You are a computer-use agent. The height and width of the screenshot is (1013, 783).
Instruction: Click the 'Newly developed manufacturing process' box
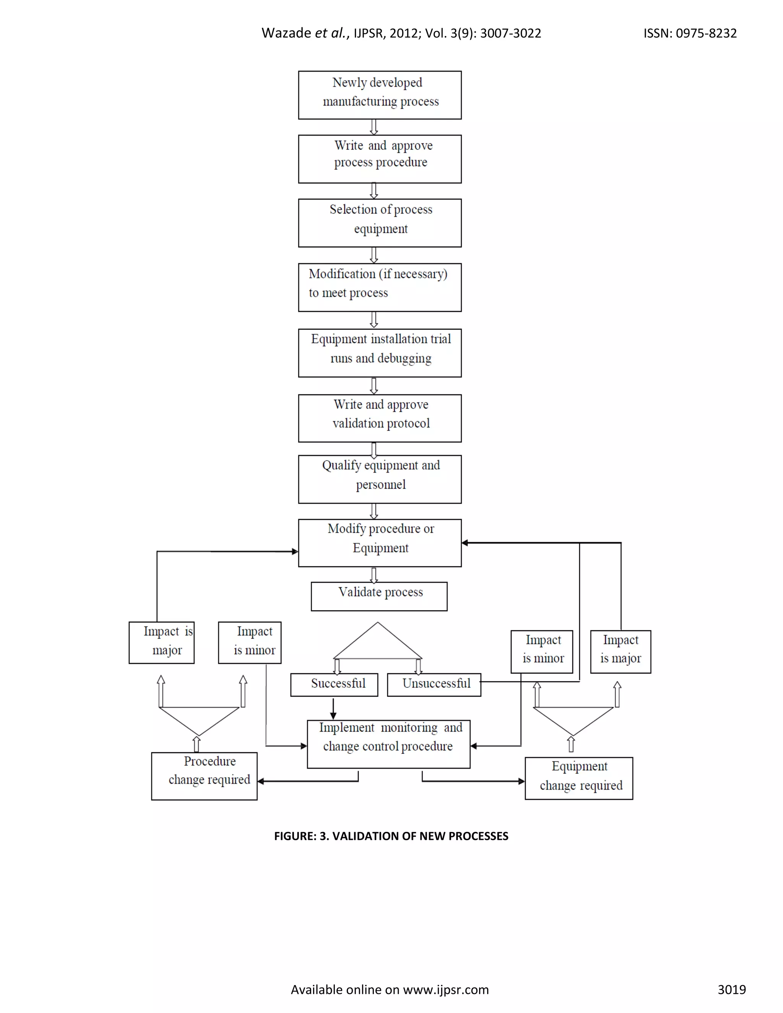point(379,95)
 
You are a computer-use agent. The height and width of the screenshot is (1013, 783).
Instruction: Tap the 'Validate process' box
point(379,596)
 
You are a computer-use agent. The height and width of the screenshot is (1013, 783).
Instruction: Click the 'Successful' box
point(334,685)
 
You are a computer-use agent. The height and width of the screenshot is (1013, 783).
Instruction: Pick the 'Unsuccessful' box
point(434,685)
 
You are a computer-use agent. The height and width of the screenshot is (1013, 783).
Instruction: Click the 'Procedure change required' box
point(204,776)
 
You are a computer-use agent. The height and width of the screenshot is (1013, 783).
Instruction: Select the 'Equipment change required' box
point(578,778)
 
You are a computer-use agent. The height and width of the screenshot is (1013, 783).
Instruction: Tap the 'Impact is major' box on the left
point(161,643)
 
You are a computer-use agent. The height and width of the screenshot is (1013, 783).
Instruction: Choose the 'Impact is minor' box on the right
point(542,651)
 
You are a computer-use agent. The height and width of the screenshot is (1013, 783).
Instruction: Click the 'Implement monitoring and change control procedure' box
point(388,744)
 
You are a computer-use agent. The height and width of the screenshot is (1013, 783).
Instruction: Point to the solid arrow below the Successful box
point(333,709)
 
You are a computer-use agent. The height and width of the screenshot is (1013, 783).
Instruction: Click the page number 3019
point(731,989)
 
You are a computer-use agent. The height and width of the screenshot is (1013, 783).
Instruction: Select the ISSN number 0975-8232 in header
point(706,33)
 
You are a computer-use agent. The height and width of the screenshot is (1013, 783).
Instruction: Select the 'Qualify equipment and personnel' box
point(379,479)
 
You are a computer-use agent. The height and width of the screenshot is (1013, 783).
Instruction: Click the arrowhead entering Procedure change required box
point(261,782)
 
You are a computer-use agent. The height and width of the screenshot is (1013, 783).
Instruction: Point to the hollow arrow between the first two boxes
point(374,127)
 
